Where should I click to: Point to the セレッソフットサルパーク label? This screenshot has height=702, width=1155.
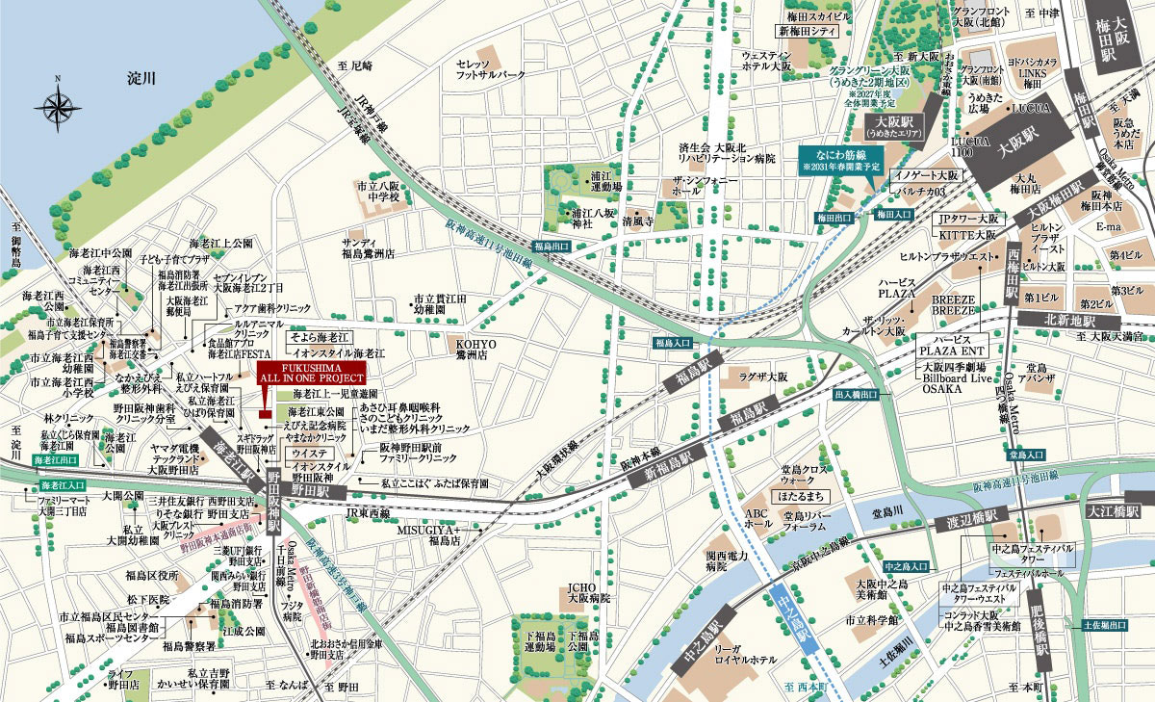pyautogui.click(x=491, y=67)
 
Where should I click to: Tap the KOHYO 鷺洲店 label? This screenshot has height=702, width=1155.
pyautogui.click(x=476, y=349)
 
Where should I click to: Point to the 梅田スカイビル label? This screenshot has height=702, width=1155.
pyautogui.click(x=814, y=17)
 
